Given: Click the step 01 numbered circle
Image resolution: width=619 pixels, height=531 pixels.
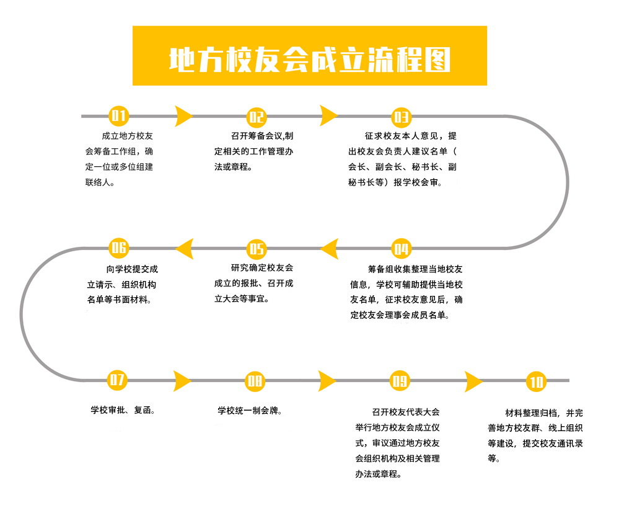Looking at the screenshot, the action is click(119, 116).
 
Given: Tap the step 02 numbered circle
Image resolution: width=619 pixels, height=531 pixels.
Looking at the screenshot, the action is click(257, 117).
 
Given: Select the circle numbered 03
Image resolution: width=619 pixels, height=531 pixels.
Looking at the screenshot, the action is click(401, 117).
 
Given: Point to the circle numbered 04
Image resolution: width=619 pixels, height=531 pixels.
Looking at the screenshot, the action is click(401, 249).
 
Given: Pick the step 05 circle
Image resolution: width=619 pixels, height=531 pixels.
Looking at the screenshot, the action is click(257, 249).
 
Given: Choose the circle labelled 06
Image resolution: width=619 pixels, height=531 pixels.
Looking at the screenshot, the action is click(119, 248).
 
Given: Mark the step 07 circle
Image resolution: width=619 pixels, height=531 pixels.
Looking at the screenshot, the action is click(117, 380).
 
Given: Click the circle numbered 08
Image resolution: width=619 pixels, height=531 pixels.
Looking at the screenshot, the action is click(255, 382).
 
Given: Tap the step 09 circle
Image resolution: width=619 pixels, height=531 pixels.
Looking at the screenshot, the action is click(400, 381).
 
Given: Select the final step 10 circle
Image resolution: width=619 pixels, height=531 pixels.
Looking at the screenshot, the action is click(536, 382).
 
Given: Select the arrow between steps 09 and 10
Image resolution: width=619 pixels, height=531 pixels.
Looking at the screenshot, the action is click(472, 382).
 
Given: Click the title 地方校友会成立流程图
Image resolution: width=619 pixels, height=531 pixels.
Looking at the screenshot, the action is click(310, 60).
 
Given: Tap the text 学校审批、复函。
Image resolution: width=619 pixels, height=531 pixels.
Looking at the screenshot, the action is click(123, 410).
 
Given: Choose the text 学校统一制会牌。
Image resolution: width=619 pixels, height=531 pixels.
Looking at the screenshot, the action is click(250, 411).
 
